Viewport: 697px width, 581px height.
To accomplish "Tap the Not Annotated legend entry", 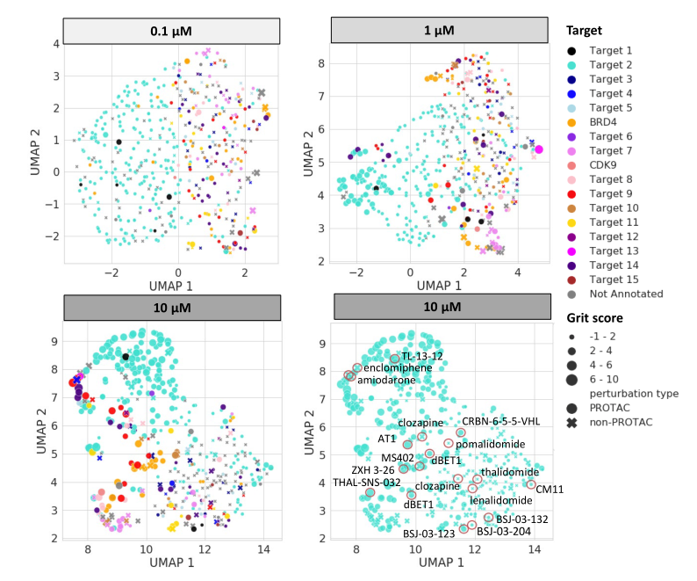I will pos(626,294).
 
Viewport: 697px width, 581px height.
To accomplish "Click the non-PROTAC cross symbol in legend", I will pos(572,423).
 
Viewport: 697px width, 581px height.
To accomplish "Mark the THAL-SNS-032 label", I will pos(366,482).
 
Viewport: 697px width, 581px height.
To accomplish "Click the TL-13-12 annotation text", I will pos(422,356).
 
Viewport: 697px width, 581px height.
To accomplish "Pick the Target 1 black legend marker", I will pos(572,51).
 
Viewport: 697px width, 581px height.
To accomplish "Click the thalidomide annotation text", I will pos(509,472).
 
